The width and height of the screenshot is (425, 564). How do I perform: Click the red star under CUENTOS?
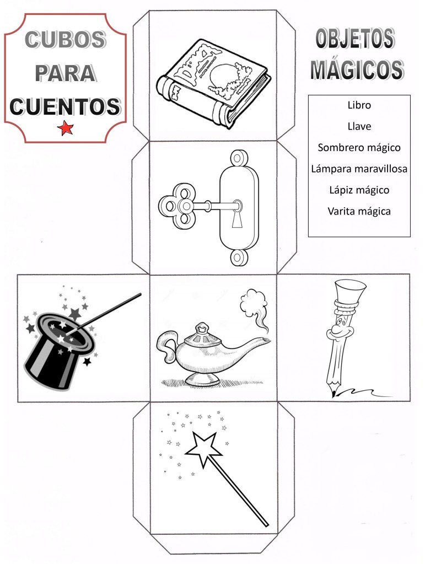[66, 128]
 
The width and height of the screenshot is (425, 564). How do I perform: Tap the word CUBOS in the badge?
[65, 40]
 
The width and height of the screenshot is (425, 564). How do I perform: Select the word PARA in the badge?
[65, 73]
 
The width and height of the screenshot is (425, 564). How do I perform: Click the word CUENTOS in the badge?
[65, 106]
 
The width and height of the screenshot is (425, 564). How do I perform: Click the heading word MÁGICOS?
[357, 69]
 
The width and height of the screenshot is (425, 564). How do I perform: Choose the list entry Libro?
[359, 105]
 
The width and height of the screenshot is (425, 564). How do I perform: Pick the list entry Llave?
[359, 126]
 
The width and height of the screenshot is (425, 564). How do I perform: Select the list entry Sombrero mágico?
[359, 147]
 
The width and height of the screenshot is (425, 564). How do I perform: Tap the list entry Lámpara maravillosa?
[359, 169]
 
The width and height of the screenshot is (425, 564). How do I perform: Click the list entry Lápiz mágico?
[359, 190]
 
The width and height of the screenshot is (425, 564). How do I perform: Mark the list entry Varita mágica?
[359, 211]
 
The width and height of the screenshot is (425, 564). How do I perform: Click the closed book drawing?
[214, 83]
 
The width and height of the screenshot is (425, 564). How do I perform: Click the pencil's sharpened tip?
[334, 394]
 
